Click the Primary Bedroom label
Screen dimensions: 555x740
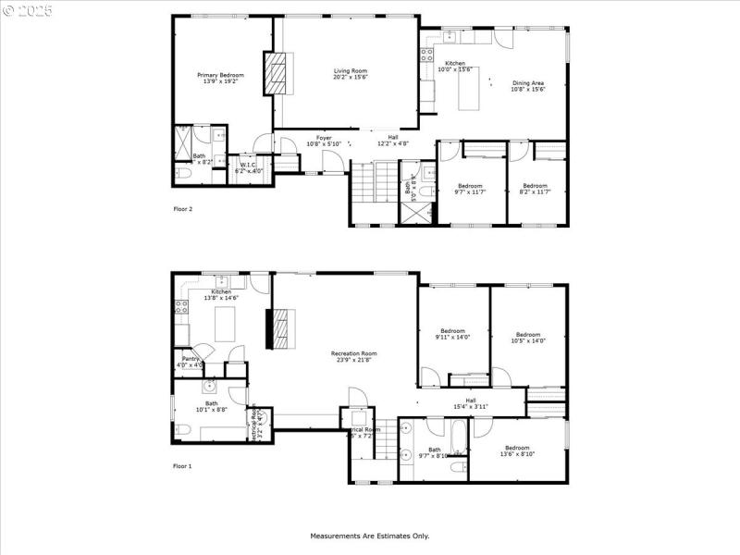coord(220,78)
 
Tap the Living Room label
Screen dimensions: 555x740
coord(351,73)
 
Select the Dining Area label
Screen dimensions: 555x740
coord(528,86)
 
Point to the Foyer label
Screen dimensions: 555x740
coord(324,141)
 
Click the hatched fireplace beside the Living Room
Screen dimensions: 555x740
coord(277,74)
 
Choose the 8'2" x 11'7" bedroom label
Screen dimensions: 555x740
coord(535,189)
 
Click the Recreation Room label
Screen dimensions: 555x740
coord(354,356)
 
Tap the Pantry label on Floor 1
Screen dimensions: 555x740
coord(191,362)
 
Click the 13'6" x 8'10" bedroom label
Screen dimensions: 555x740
coord(517,450)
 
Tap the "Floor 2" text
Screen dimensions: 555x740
coord(183,209)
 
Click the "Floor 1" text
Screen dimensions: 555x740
coord(183,466)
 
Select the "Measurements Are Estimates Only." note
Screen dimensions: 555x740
coord(369,536)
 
